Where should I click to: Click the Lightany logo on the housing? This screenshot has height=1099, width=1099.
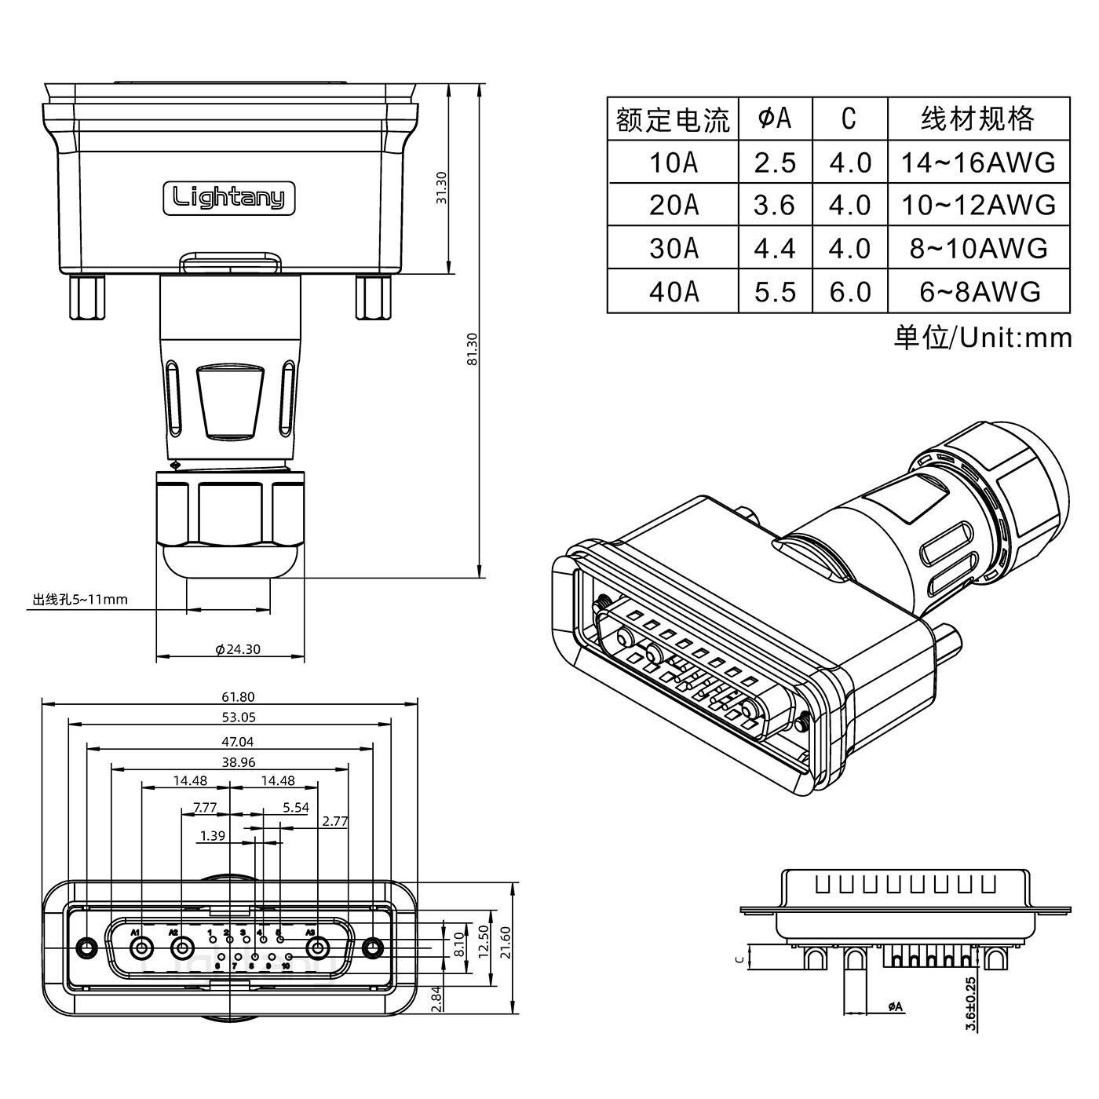(x=228, y=197)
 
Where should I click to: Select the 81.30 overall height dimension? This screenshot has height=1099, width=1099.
(x=472, y=349)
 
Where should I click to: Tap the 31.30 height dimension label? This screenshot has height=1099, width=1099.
(x=441, y=188)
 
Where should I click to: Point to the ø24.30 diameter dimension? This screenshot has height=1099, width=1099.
(x=237, y=649)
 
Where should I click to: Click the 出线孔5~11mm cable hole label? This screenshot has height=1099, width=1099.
(x=80, y=601)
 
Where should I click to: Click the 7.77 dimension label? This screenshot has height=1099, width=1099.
(x=204, y=807)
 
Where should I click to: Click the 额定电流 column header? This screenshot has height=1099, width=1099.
(x=673, y=119)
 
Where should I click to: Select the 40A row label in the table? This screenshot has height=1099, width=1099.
(x=673, y=291)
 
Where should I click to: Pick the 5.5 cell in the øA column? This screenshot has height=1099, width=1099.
(x=775, y=291)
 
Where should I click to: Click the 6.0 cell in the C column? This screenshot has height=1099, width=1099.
(x=850, y=291)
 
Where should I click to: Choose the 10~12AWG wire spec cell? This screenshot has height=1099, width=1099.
(x=978, y=205)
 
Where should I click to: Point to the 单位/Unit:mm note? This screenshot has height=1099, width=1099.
(x=982, y=338)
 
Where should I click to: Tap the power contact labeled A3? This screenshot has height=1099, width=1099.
(x=318, y=949)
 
